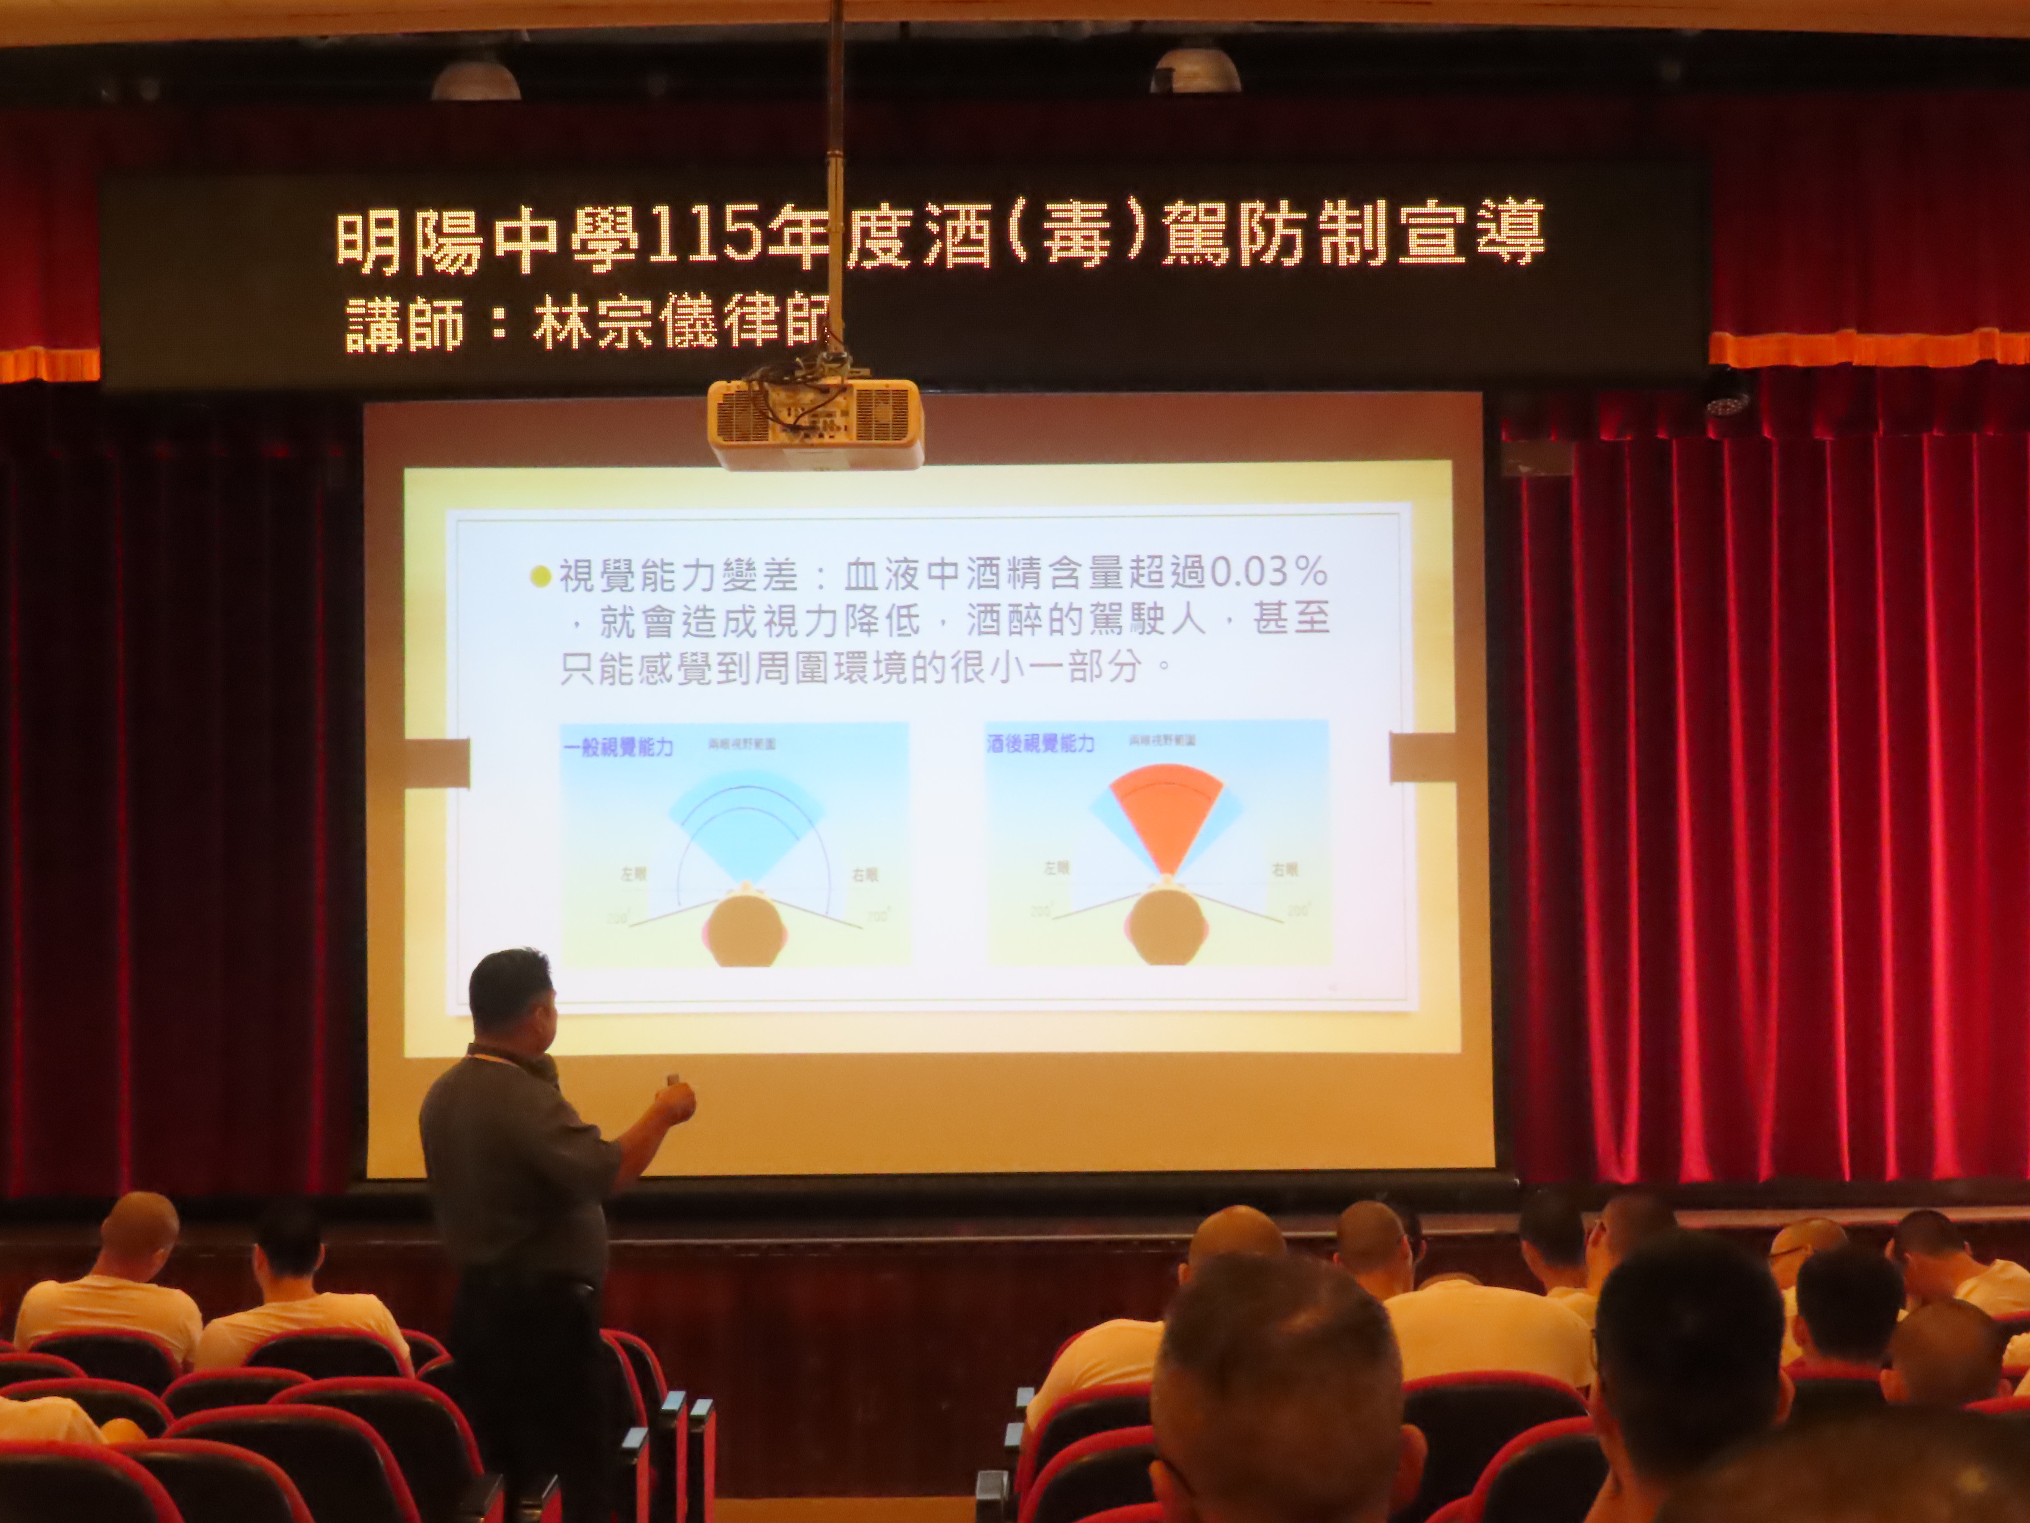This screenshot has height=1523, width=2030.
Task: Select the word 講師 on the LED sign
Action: pos(405,323)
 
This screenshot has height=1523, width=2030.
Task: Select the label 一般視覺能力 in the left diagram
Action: pos(618,746)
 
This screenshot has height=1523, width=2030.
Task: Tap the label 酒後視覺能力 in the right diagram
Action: pos(1041,744)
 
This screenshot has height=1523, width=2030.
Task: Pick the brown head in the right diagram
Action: pos(1167,931)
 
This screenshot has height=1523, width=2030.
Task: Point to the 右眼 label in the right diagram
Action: pos(1284,869)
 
